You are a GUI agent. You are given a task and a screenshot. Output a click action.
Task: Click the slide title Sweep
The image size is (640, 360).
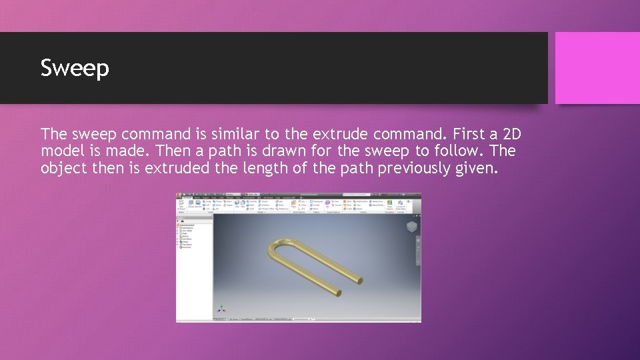pyautogui.click(x=75, y=68)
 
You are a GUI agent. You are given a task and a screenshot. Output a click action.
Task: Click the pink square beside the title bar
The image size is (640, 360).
pyautogui.click(x=597, y=68)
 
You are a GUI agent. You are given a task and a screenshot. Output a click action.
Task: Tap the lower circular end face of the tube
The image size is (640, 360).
pyautogui.click(x=339, y=292)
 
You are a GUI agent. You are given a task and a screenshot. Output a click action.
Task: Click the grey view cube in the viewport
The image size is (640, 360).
pyautogui.click(x=412, y=227)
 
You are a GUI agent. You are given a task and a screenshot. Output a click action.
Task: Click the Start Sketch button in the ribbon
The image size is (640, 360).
pyautogui.click(x=181, y=206)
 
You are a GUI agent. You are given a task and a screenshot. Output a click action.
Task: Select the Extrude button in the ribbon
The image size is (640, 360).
pyautogui.click(x=191, y=205)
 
